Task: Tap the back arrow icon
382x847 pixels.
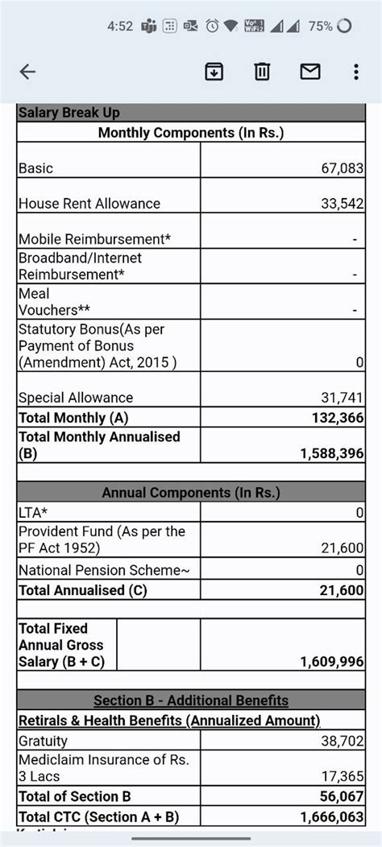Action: [x=28, y=72]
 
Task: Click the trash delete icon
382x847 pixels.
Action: [x=262, y=72]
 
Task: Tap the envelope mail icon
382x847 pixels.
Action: [x=310, y=72]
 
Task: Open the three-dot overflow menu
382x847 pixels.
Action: [x=355, y=72]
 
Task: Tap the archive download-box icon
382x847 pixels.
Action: [x=214, y=72]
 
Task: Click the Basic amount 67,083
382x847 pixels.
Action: [x=343, y=168]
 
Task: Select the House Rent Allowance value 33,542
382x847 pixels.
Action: [x=343, y=204]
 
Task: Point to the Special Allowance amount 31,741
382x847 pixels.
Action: [x=343, y=398]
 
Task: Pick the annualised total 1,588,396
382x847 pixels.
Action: [x=333, y=454]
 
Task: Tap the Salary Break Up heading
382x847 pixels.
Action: [x=69, y=113]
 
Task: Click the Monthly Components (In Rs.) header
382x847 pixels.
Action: [x=191, y=133]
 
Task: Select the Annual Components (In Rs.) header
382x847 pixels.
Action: [x=191, y=493]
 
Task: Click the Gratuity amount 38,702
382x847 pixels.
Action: [x=343, y=741]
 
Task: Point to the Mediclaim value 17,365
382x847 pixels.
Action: [x=343, y=777]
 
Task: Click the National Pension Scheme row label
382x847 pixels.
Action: [x=104, y=571]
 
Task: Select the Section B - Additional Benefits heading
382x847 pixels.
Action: [x=191, y=700]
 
